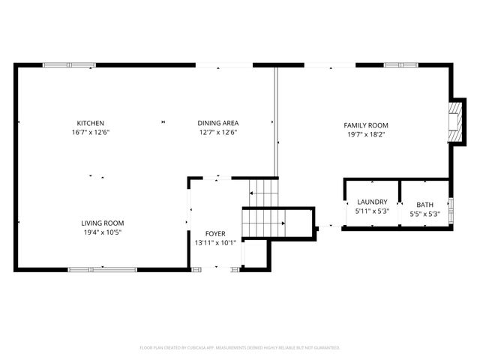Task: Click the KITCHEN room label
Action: click(x=90, y=123)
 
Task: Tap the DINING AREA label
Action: click(x=218, y=123)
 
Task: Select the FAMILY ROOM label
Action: click(x=366, y=125)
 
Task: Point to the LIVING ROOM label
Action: click(x=103, y=223)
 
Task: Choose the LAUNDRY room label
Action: click(x=372, y=202)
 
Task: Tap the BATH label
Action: click(x=425, y=205)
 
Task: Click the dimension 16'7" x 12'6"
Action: click(x=90, y=133)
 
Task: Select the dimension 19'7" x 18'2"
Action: click(x=366, y=135)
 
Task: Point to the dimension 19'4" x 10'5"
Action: click(x=103, y=232)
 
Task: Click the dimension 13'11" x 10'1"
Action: click(x=215, y=242)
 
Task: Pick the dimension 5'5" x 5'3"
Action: click(x=425, y=214)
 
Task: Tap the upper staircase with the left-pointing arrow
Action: click(x=263, y=193)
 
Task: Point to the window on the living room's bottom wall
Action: click(x=103, y=269)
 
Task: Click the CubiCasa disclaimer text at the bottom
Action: click(x=240, y=348)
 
